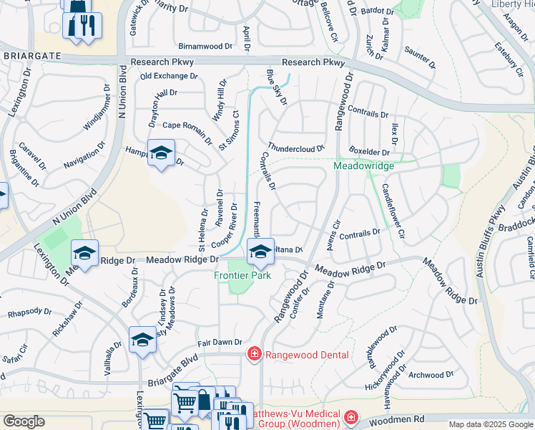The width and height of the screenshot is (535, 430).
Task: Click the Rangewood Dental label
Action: point(307,355)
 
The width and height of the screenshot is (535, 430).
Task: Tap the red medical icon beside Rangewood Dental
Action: point(253,354)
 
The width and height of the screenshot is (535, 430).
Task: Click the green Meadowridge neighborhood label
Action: point(363,166)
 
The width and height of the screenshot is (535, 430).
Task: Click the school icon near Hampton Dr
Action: point(162,152)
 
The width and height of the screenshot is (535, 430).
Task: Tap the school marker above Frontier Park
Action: point(260,251)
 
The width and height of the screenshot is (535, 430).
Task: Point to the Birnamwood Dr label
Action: point(205,46)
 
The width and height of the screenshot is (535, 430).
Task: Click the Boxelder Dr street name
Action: point(369,151)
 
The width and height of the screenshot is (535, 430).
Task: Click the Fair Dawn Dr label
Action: point(220,343)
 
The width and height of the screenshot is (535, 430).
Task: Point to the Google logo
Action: point(24,421)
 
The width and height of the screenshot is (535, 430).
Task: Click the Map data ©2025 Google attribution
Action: point(491,424)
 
